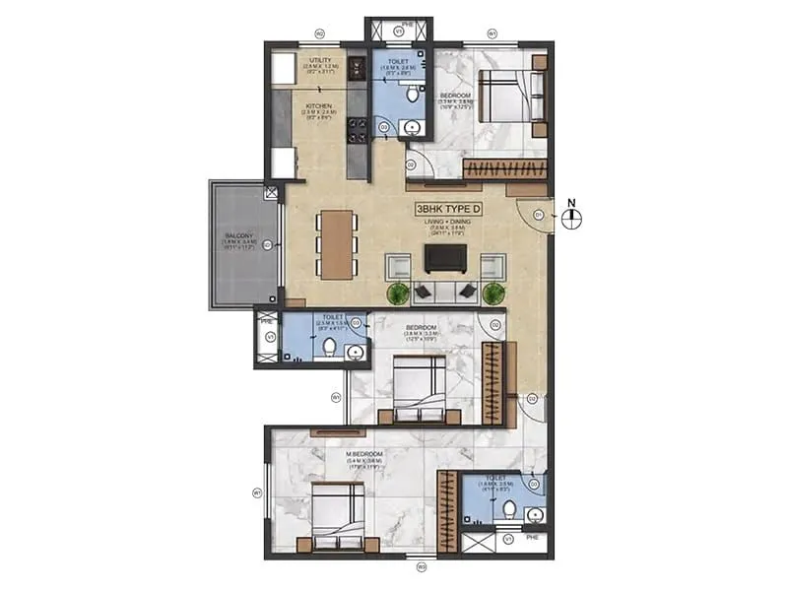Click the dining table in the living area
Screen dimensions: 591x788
tap(336, 244)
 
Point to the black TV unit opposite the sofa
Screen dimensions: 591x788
tap(440, 257)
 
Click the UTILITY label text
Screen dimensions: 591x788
tap(320, 61)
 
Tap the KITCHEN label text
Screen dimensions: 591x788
tap(317, 106)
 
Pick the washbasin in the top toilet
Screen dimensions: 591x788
tap(412, 127)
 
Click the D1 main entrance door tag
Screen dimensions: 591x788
tap(539, 214)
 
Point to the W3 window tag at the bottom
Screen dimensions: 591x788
tap(421, 566)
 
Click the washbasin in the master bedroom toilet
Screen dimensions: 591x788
tap(535, 513)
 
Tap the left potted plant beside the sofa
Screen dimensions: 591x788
tap(398, 294)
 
